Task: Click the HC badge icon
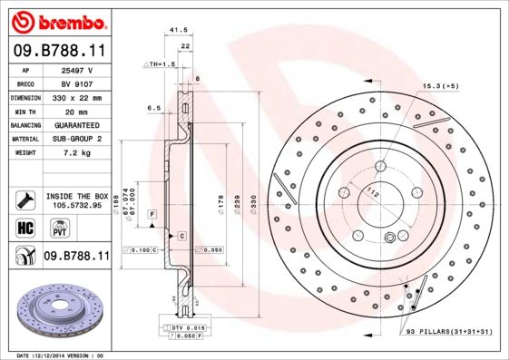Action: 25,227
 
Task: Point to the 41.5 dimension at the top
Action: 178,31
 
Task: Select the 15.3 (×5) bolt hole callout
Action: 441,85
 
